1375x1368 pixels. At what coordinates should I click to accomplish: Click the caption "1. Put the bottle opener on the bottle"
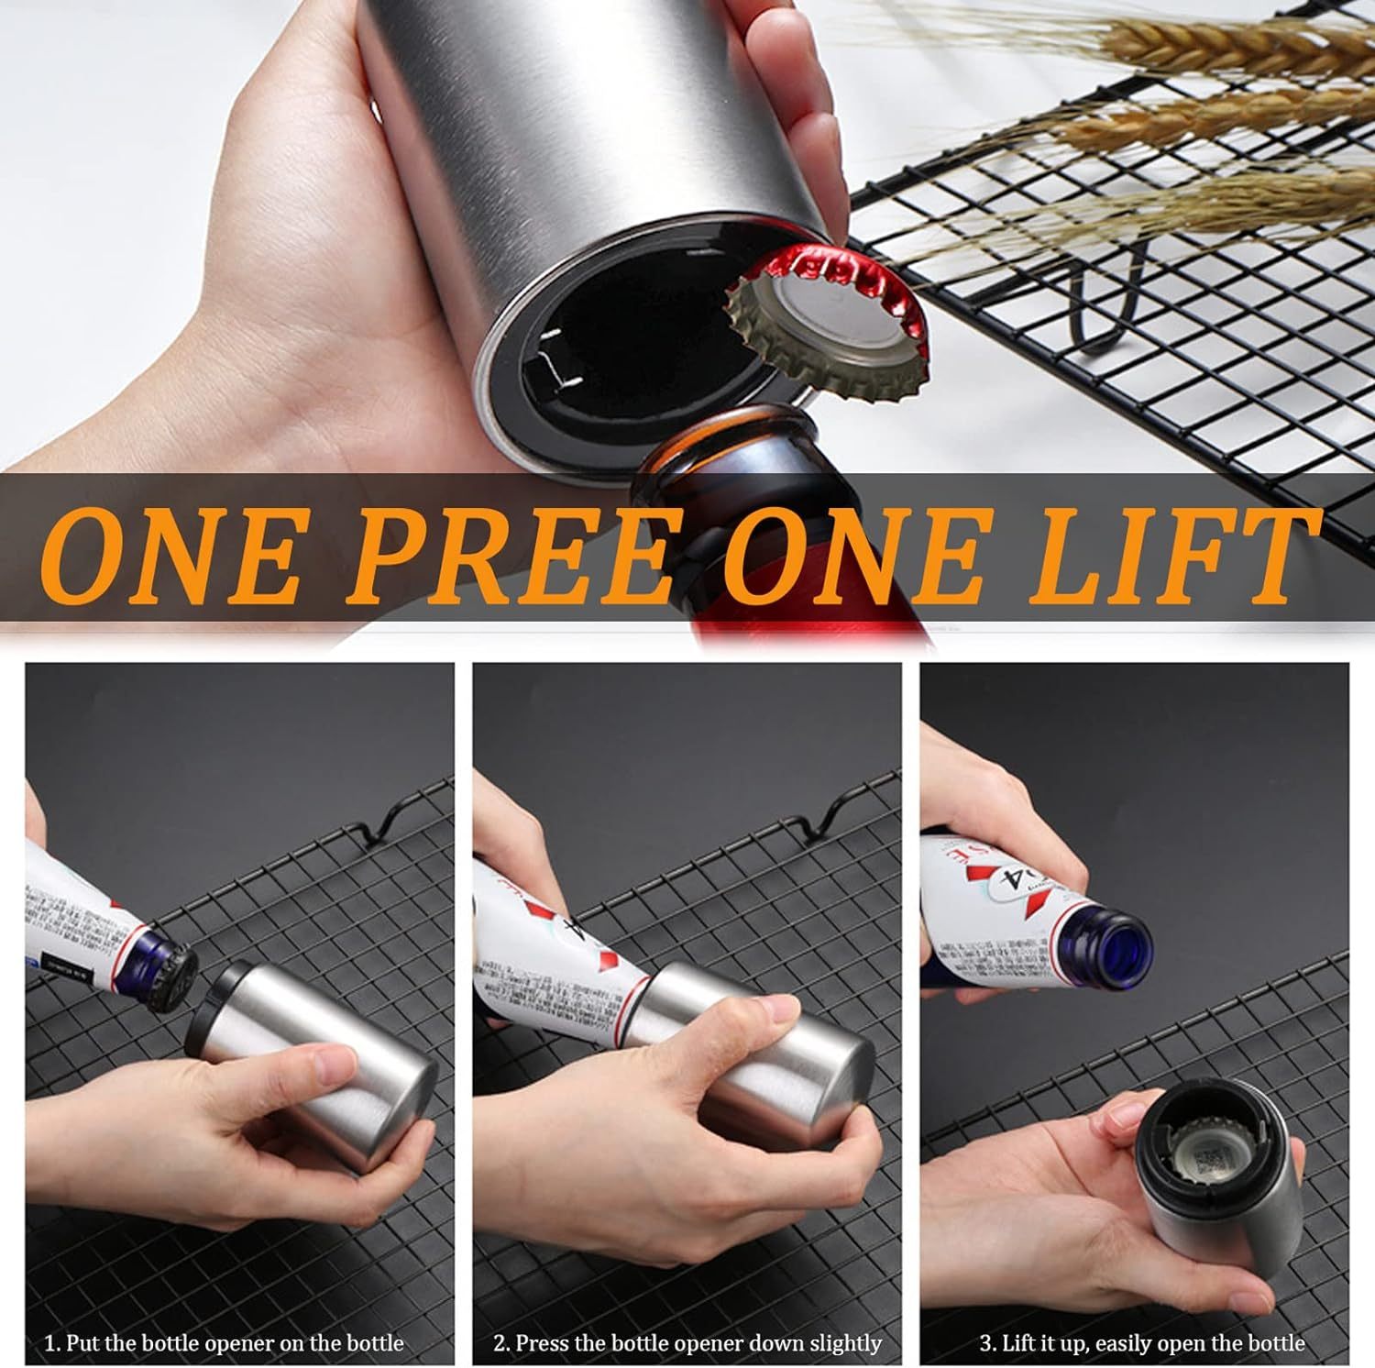(225, 1343)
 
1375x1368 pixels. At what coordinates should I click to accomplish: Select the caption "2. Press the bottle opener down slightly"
(687, 1343)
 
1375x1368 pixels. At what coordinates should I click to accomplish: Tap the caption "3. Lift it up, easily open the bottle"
(1142, 1343)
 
